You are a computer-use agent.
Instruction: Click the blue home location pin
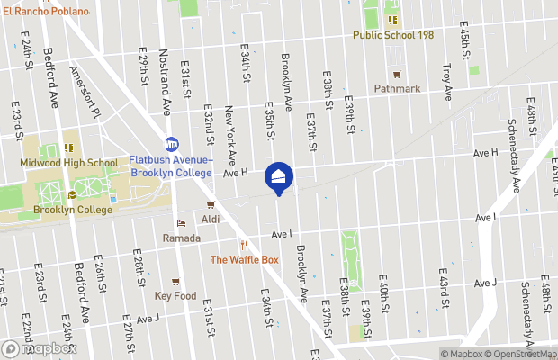279,176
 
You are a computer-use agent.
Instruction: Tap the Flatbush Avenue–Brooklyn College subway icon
172,144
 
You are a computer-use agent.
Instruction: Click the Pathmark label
397,88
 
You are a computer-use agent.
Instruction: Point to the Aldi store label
211,219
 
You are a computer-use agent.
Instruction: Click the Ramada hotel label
181,238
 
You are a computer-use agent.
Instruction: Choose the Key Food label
175,295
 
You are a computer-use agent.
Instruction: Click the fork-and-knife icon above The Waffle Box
244,245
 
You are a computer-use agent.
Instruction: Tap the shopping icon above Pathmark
397,74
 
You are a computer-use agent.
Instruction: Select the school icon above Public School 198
391,20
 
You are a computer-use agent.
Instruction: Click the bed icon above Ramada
181,224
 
